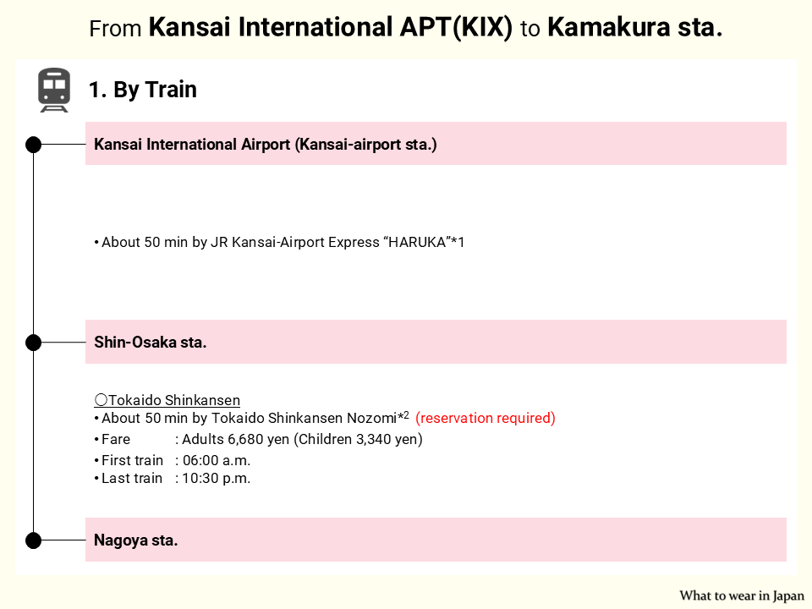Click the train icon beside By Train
[x=54, y=90]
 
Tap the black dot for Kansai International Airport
[x=33, y=145]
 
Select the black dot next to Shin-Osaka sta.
[x=33, y=343]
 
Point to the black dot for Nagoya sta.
[x=33, y=540]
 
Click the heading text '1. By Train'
[x=143, y=90]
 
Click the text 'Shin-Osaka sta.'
[x=151, y=343]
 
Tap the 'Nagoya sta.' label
[x=135, y=540]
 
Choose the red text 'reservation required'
[x=486, y=418]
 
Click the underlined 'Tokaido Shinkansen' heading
[x=174, y=400]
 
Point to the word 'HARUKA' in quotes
[x=417, y=243]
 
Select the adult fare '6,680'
[x=245, y=440]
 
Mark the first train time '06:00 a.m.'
[x=217, y=460]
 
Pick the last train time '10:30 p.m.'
[x=217, y=479]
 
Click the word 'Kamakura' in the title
[x=608, y=27]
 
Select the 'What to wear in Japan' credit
[x=742, y=596]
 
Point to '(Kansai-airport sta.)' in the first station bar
[x=366, y=145]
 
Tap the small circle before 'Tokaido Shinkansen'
[x=101, y=400]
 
